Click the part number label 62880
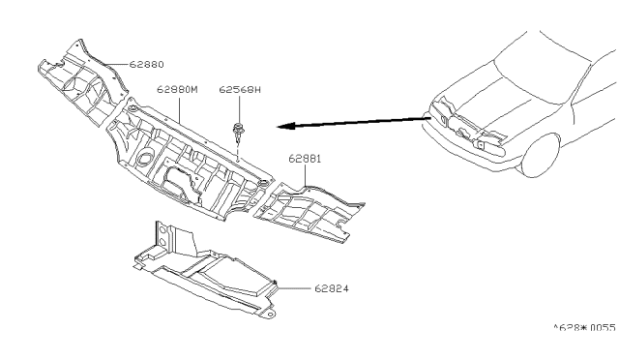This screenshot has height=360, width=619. pos(146,65)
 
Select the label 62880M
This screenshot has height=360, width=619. pos(177,89)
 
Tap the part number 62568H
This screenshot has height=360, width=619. pos(240,90)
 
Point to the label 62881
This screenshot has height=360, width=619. pos(305,159)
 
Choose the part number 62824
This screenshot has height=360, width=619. pos(332,288)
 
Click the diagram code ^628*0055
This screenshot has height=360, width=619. pos(584,328)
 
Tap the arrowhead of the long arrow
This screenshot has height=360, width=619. pos(285,126)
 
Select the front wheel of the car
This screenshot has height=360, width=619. pos(540,155)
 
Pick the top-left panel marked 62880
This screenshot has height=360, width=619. pos(83,82)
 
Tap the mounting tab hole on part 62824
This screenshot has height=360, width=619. pos(269,315)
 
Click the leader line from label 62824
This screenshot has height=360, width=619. pos(294,288)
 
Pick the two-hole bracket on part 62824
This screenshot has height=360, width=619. pos(162,235)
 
